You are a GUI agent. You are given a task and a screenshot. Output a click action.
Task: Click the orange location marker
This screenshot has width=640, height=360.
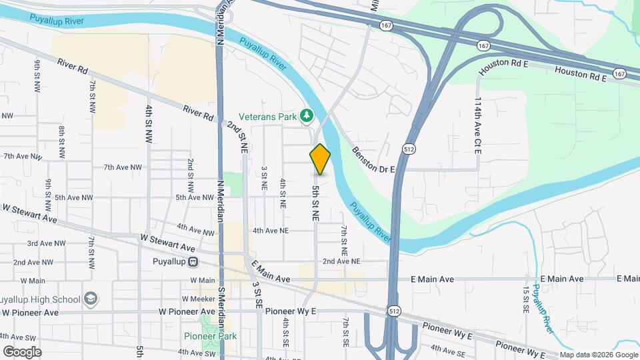[x=320, y=159]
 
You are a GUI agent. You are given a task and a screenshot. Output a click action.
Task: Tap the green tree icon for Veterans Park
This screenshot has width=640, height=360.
[x=307, y=116]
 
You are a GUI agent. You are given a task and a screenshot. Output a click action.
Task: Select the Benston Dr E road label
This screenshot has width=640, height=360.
[x=374, y=161]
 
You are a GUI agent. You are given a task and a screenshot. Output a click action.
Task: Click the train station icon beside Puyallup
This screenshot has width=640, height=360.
[x=193, y=262]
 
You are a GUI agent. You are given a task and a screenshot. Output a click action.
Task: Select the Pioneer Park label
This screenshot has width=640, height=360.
[x=211, y=335]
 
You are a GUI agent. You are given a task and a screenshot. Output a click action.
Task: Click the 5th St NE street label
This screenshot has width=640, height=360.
[x=315, y=203]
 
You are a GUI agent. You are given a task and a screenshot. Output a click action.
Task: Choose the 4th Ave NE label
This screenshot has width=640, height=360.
[x=270, y=231]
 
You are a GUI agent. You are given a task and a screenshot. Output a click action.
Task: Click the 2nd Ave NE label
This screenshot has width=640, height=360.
[x=341, y=261]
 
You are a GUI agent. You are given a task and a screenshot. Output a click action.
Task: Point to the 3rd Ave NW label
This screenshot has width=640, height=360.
[x=46, y=244]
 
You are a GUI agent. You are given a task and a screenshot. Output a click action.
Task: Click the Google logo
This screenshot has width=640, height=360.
[x=21, y=351]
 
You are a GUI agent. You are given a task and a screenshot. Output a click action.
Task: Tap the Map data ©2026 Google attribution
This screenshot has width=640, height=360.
[x=598, y=355]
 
